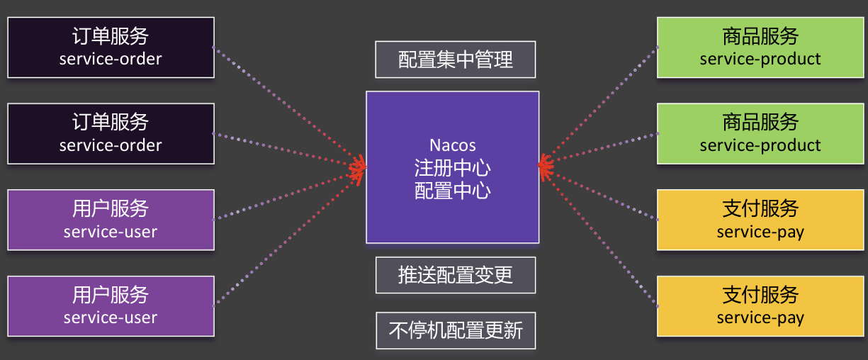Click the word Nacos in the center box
tap(452, 145)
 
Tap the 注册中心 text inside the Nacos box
tap(452, 168)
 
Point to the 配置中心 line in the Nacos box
tap(452, 190)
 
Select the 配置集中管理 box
tap(455, 59)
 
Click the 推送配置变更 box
tap(455, 275)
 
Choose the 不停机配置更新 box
tap(455, 330)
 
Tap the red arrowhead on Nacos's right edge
tap(544, 167)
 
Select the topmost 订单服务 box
tap(111, 47)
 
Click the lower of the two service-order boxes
tap(111, 134)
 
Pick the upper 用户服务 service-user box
tap(111, 220)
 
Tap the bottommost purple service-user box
tap(111, 306)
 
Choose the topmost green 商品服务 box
tap(760, 47)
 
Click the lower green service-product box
tap(760, 134)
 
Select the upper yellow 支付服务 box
tap(760, 220)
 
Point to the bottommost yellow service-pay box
tap(760, 306)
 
